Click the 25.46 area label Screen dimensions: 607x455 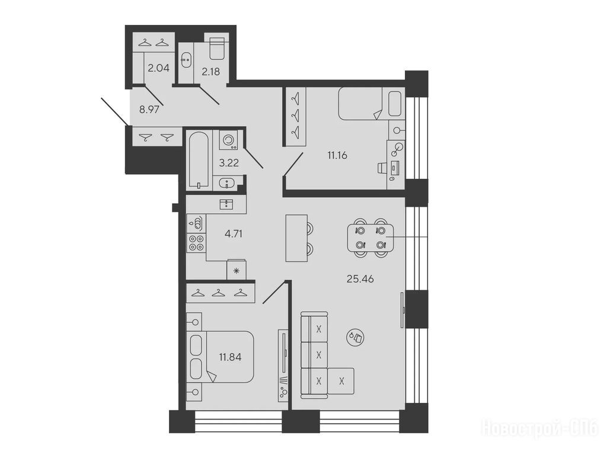[x=360, y=279]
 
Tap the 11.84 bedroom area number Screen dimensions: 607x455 [x=230, y=357]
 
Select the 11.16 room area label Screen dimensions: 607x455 [x=337, y=156]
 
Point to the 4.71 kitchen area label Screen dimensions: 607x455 [x=234, y=233]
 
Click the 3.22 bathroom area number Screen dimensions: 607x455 [x=229, y=163]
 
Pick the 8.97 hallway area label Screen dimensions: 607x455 [x=149, y=110]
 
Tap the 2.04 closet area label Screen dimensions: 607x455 [x=158, y=69]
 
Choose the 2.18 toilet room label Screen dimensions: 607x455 [x=210, y=72]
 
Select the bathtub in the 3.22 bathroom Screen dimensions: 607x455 [x=199, y=161]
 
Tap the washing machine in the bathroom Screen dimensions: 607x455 [x=228, y=140]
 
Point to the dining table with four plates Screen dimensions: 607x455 [x=370, y=238]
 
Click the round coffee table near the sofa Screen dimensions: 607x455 [x=355, y=337]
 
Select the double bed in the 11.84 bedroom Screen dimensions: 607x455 [x=221, y=357]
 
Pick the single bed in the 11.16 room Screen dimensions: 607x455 [x=371, y=104]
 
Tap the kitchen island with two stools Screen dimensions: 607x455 [x=296, y=238]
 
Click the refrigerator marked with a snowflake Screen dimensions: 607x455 [x=236, y=270]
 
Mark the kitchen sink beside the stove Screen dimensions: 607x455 [x=196, y=223]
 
